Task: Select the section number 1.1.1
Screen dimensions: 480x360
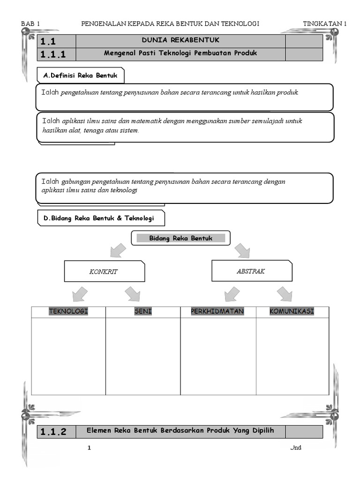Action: (53, 54)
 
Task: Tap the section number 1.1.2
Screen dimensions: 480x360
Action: (53, 432)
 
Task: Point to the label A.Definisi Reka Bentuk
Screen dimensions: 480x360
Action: (81, 75)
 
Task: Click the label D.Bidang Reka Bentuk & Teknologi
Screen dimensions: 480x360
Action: (101, 218)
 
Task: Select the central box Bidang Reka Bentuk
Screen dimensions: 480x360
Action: (180, 238)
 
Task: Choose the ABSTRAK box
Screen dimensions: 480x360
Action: (251, 271)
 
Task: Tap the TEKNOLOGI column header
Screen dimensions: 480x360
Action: (68, 312)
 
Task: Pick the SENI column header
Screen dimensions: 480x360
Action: (143, 312)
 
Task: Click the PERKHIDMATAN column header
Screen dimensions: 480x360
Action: (217, 312)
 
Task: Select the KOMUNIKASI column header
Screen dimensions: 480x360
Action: (292, 312)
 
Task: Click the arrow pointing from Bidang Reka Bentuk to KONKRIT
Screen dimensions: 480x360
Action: (118, 250)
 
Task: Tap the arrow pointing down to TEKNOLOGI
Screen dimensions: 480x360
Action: (80, 294)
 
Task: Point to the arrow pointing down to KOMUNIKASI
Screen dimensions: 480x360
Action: (284, 294)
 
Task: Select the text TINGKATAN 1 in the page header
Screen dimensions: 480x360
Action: (325, 24)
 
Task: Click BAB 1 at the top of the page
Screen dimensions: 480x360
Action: (31, 24)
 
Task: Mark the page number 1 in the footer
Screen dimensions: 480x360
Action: (89, 448)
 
